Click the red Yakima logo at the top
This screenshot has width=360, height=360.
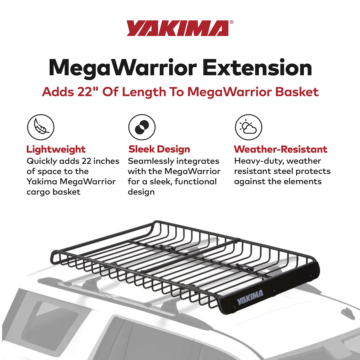pyautogui.click(x=177, y=28)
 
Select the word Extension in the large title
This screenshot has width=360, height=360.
pyautogui.click(x=257, y=68)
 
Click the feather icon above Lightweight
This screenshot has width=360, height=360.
pyautogui.click(x=41, y=127)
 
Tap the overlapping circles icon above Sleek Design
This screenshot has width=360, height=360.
pyautogui.click(x=142, y=127)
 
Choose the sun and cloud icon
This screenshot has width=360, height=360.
pyautogui.click(x=249, y=127)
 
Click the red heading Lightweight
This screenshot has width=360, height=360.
pyautogui.click(x=56, y=149)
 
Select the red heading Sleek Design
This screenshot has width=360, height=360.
pyautogui.click(x=159, y=149)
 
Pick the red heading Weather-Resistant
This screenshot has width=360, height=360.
pyautogui.click(x=281, y=149)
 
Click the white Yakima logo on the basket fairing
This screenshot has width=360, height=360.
pyautogui.click(x=250, y=297)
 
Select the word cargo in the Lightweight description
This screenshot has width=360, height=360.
pyautogui.click(x=38, y=192)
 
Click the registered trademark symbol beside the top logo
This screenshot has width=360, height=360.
pyautogui.click(x=232, y=22)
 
